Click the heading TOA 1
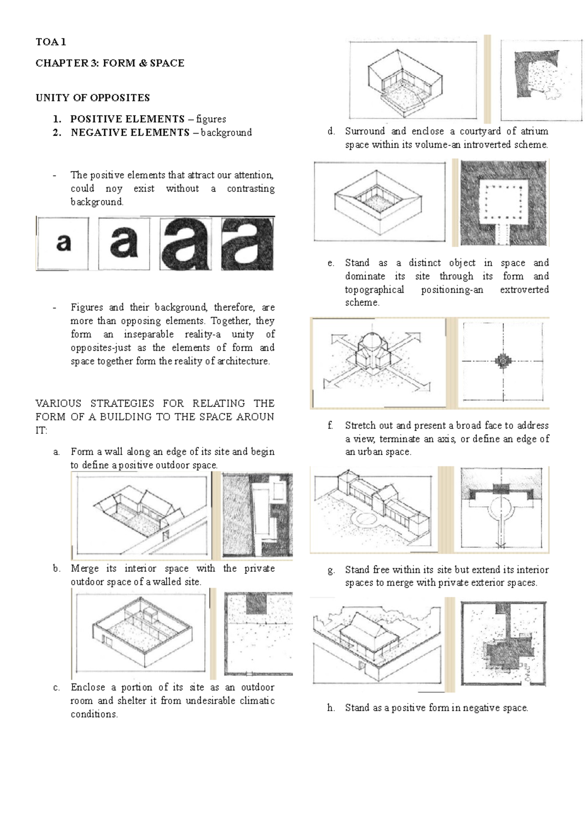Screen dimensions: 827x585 point(51,42)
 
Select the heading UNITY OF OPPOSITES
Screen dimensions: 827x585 point(93,98)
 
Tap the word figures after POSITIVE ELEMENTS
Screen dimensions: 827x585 point(211,119)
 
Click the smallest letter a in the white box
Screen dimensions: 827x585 point(63,242)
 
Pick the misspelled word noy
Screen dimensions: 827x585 point(114,189)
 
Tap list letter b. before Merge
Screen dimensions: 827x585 point(57,569)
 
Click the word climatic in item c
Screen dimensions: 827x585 point(257,701)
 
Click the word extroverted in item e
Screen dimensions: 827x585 point(524,290)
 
